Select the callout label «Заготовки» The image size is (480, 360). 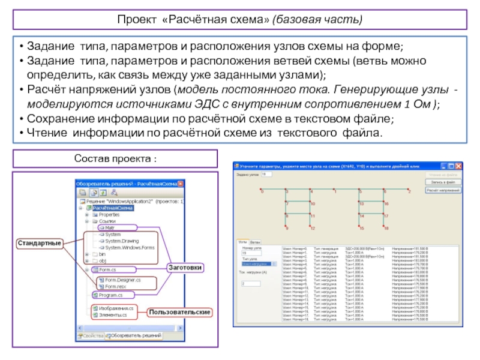point(184,266)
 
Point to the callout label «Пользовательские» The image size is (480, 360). point(180,313)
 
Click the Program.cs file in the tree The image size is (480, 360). point(111,295)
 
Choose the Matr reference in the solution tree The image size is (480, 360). point(109,228)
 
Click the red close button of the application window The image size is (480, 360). point(458,165)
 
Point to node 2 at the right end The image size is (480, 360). point(408,191)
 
